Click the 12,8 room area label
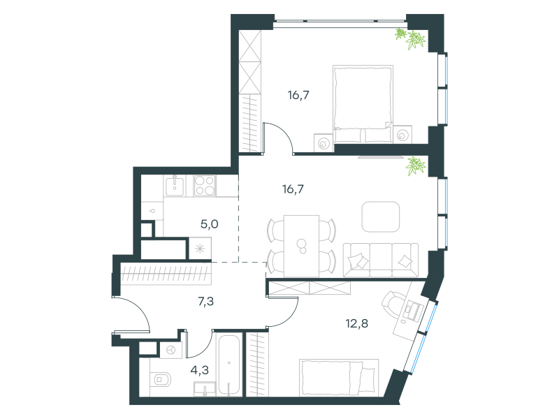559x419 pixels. (x=356, y=323)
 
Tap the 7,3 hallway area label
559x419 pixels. (x=205, y=302)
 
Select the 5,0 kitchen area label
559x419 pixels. (x=209, y=224)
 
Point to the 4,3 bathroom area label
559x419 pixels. (x=200, y=370)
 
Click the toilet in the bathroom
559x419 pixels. (x=161, y=379)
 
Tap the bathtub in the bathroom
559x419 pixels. (x=229, y=365)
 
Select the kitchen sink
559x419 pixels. (x=174, y=186)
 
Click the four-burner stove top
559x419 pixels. (x=205, y=186)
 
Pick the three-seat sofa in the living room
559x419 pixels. (x=380, y=260)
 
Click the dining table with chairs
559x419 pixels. (x=302, y=246)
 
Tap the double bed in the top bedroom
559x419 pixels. (x=363, y=104)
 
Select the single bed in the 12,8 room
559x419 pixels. (x=339, y=377)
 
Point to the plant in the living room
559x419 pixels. (x=415, y=166)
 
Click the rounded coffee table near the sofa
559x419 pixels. (x=380, y=216)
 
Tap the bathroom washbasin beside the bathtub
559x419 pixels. (x=205, y=389)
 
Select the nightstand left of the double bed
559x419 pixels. (x=324, y=143)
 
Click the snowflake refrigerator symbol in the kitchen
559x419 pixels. (x=200, y=249)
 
